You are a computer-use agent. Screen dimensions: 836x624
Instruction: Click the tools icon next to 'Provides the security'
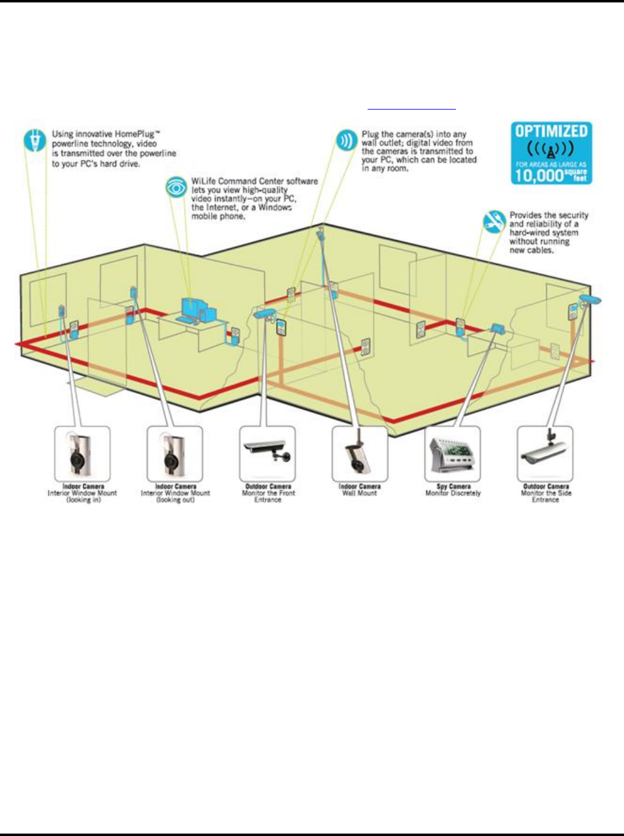pyautogui.click(x=494, y=222)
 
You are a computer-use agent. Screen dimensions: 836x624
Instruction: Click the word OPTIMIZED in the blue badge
pyautogui.click(x=550, y=131)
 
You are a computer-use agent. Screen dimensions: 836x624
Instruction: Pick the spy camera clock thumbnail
pyautogui.click(x=453, y=454)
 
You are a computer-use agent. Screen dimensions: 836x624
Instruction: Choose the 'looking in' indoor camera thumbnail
pyautogui.click(x=82, y=454)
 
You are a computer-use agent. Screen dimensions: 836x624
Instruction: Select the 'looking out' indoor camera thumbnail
pyautogui.click(x=175, y=454)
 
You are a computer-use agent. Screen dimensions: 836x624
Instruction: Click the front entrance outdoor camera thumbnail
pyautogui.click(x=268, y=454)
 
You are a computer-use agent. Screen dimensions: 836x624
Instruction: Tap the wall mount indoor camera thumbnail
pyautogui.click(x=360, y=454)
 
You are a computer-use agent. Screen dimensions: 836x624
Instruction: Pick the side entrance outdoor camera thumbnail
pyautogui.click(x=545, y=454)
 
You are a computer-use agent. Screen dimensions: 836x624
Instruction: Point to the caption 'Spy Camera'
pyautogui.click(x=453, y=486)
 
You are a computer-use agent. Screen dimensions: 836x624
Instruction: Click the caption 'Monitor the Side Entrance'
pyautogui.click(x=545, y=496)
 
